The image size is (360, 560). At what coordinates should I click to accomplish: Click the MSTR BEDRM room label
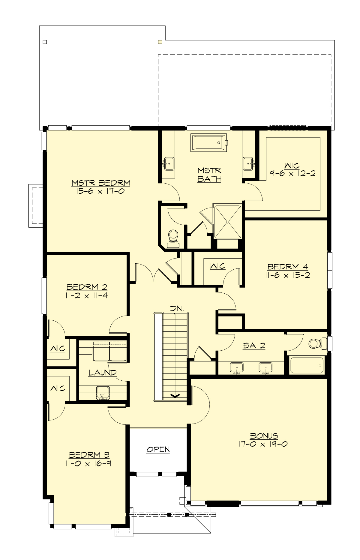pos(101,183)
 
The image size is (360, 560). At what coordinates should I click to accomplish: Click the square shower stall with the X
pos(228,222)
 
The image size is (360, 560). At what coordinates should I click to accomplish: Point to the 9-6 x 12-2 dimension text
pos(292,173)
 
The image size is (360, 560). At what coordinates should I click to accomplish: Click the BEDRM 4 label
pos(287,266)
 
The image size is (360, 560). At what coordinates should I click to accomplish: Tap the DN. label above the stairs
pos(177,308)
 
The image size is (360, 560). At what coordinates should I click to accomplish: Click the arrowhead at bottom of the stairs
pos(175,396)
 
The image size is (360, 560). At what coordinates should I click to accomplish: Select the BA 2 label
pos(254,346)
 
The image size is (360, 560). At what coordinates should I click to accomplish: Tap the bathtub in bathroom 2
pos(307,365)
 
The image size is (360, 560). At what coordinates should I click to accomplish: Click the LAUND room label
pos(102,373)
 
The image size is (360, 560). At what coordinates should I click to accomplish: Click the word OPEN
pos(158,449)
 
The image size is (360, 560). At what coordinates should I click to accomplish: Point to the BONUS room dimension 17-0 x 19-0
pos(263,444)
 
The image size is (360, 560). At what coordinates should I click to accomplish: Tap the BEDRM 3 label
pos(85,455)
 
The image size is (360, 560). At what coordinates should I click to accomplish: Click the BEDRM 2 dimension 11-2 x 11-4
pos(86,295)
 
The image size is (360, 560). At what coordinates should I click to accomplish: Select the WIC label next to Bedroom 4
pos(217,266)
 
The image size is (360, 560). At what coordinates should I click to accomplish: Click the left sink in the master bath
pos(169,163)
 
